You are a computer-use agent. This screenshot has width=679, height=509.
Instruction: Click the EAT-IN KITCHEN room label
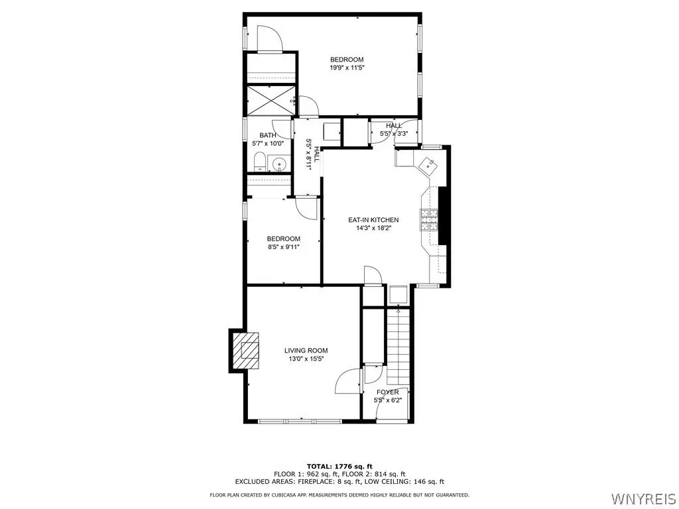(x=373, y=220)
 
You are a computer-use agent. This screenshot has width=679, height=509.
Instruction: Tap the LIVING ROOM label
(x=306, y=351)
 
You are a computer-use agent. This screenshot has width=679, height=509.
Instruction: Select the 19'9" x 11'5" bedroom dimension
(x=347, y=68)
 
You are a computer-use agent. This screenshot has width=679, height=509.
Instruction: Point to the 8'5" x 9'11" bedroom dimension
(x=284, y=247)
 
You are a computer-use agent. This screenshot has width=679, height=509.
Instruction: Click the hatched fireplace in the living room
(x=246, y=350)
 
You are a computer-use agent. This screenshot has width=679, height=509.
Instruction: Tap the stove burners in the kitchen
(x=429, y=220)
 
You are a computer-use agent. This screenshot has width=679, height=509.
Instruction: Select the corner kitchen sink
(x=429, y=164)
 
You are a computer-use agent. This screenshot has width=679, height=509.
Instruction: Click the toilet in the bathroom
(x=260, y=162)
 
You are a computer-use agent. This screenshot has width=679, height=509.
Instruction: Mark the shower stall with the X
(x=271, y=101)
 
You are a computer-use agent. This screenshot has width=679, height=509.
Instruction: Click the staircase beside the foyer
(x=399, y=345)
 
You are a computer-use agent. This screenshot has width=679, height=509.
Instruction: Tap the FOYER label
(x=387, y=392)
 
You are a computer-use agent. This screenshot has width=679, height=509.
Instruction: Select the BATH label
(x=268, y=135)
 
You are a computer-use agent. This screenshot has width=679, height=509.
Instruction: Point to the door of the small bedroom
(x=307, y=207)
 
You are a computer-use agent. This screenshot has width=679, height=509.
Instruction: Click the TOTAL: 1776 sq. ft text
(x=339, y=466)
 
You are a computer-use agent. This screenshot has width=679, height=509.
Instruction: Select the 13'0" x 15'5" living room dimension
(x=306, y=359)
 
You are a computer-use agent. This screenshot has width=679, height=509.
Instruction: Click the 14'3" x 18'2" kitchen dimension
(x=374, y=228)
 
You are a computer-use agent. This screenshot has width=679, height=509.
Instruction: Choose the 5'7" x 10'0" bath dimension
(x=268, y=143)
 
